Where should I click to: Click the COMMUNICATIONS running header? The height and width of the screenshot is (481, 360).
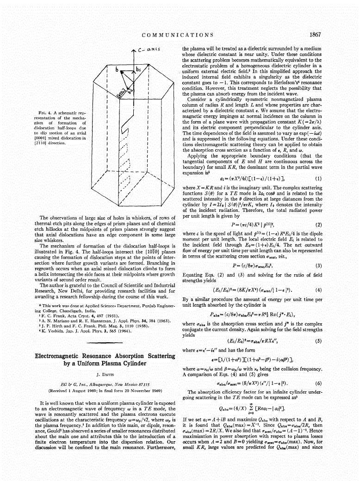(178, 35)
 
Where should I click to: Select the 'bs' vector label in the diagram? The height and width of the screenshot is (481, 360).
(137, 70)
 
